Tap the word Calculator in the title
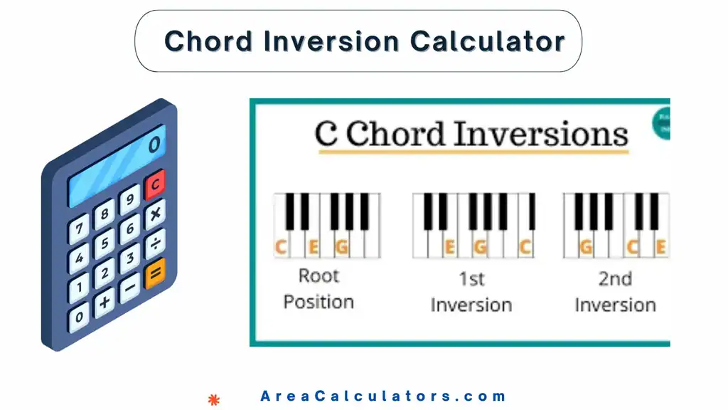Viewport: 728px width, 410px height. click(488, 41)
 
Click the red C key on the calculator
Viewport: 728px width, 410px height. click(155, 184)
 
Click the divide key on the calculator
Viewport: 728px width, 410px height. click(154, 243)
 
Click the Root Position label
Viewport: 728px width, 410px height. click(318, 288)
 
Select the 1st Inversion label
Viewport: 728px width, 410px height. click(471, 291)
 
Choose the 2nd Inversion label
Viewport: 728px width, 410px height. click(615, 291)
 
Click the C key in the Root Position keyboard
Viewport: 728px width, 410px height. click(282, 247)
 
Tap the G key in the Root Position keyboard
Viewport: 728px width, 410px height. click(342, 247)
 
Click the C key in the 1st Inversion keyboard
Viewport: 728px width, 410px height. click(525, 247)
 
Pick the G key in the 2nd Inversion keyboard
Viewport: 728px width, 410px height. click(587, 247)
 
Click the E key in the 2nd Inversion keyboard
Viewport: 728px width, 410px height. click(660, 247)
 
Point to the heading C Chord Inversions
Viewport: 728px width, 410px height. click(471, 135)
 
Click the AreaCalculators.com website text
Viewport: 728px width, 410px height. click(384, 396)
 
